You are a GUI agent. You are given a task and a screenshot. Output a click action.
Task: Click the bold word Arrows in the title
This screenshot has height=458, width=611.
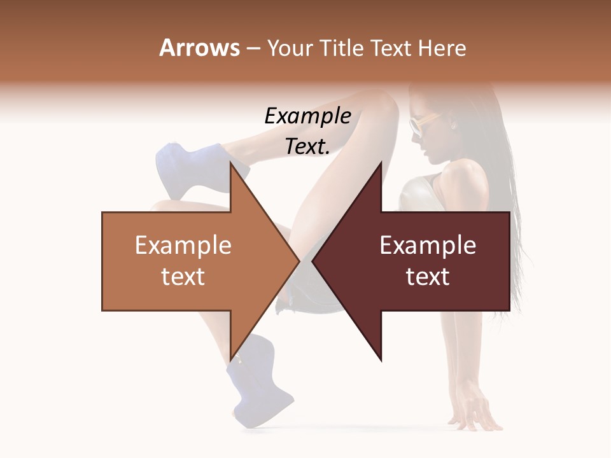(x=199, y=48)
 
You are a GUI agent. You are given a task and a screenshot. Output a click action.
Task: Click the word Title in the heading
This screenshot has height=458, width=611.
(x=342, y=48)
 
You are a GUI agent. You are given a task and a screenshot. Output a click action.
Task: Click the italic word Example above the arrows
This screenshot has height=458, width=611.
(x=307, y=116)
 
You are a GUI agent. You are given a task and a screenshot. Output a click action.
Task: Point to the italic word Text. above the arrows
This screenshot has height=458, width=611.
(x=307, y=146)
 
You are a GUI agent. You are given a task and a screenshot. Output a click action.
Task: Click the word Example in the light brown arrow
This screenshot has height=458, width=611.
(x=183, y=246)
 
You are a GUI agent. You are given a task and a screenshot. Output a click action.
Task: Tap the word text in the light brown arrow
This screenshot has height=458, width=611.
(x=183, y=276)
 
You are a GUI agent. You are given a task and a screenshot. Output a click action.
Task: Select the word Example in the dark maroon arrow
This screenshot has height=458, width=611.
(x=428, y=246)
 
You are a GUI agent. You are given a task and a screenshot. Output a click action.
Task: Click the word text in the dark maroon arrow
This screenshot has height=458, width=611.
(x=428, y=276)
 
